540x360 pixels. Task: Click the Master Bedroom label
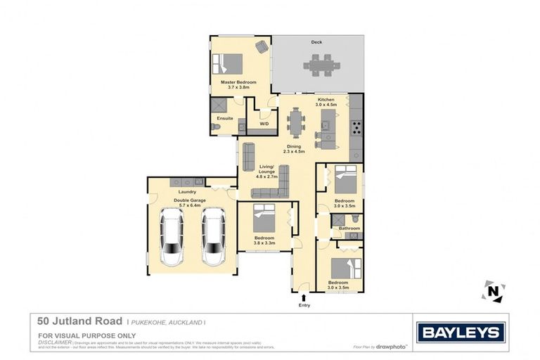tap(238, 85)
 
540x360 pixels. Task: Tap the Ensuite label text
tap(225, 118)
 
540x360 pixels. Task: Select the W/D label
tap(264, 124)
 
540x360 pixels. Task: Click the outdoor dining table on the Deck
tap(321, 65)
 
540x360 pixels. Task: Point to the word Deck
tap(316, 42)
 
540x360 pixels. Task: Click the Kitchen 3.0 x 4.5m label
tap(327, 102)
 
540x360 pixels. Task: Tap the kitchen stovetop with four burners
tap(356, 128)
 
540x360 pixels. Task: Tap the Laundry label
tap(187, 191)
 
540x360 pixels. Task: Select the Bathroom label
tap(349, 228)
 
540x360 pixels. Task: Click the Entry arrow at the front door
tap(304, 297)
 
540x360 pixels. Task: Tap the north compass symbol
tap(493, 291)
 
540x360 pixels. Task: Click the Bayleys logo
tap(461, 333)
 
